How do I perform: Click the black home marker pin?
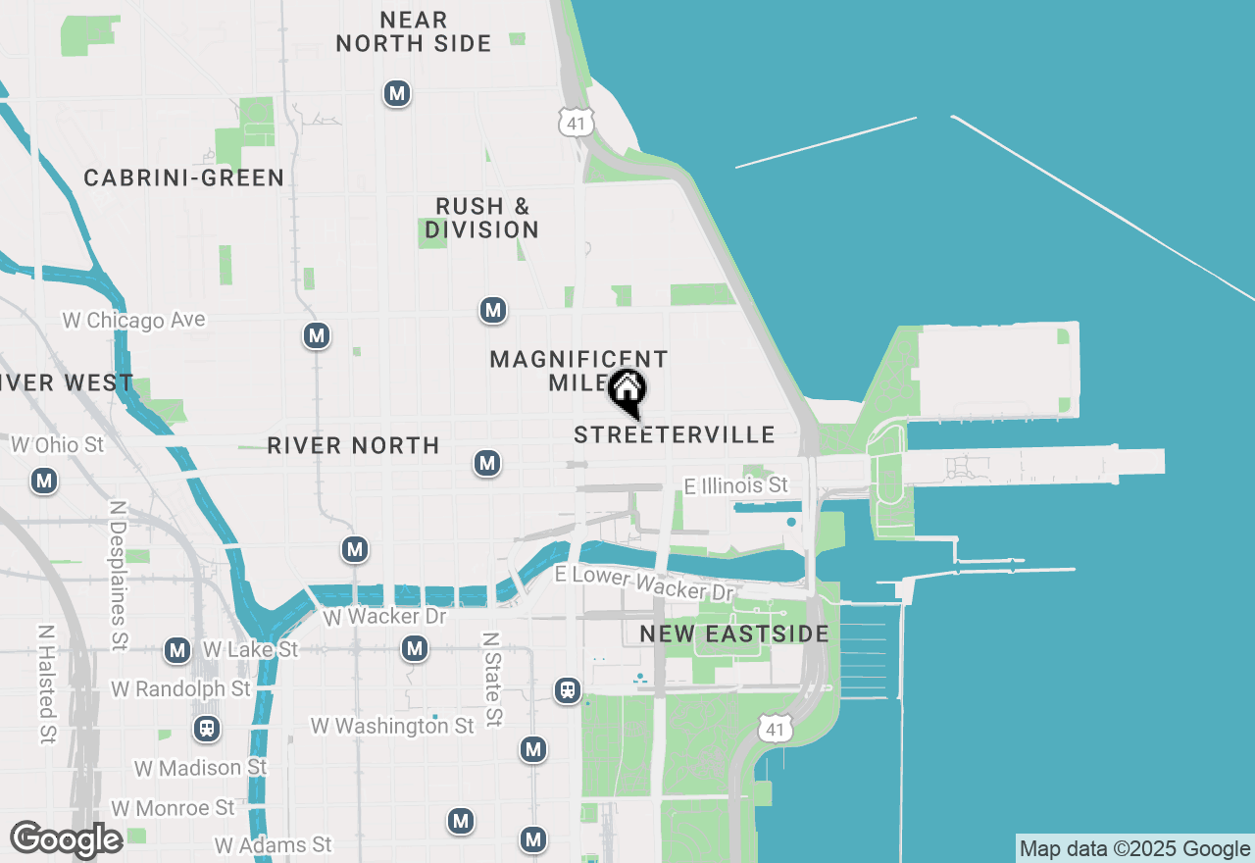627,391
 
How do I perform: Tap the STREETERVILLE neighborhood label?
675,434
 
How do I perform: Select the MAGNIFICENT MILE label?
578,371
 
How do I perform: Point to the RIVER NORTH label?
353,445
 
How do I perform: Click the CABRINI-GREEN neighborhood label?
184,178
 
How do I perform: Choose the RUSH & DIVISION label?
482,218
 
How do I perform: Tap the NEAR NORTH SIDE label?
414,31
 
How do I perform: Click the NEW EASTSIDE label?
734,635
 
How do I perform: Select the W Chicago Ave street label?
134,321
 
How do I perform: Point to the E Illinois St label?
736,485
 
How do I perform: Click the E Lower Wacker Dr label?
644,584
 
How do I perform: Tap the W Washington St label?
392,726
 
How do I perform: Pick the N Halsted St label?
47,684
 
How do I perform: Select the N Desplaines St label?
119,576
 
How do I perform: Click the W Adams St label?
274,844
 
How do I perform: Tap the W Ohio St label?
57,445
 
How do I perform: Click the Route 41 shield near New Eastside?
775,727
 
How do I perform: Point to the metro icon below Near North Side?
397,94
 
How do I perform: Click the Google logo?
66,839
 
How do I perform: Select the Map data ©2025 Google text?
1135,849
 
